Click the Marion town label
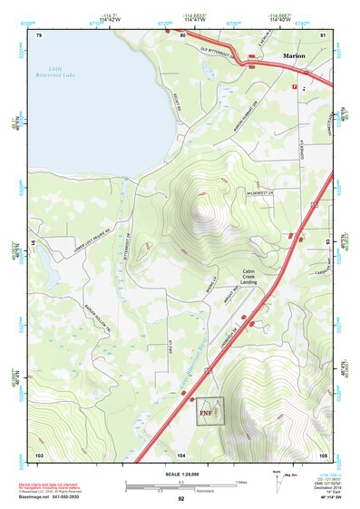293,55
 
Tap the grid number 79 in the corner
39,34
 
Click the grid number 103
39,454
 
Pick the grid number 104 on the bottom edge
181,454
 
